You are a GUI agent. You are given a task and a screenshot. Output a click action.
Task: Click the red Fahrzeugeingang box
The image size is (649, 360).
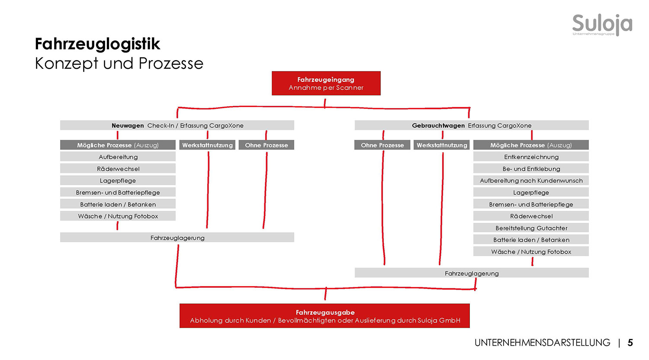[x=326, y=83]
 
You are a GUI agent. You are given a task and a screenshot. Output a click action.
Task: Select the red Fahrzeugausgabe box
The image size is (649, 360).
[x=324, y=316]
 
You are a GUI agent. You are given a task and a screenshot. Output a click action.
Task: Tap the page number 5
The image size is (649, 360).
[x=630, y=343]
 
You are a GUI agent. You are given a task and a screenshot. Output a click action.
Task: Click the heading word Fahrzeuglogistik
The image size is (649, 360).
[x=97, y=44]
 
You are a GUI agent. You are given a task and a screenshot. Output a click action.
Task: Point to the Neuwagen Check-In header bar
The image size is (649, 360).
[x=177, y=125]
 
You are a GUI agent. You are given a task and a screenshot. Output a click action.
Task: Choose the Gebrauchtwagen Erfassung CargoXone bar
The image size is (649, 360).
[x=472, y=125]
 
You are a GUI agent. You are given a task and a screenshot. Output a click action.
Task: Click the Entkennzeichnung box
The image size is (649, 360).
[x=531, y=157]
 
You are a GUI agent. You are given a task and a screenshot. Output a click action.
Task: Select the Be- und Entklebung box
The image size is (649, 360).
[x=531, y=169]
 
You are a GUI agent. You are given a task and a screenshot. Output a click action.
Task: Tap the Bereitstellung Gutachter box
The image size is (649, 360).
[x=531, y=228]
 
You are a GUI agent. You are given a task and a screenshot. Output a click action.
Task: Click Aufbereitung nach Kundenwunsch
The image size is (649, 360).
[x=531, y=180]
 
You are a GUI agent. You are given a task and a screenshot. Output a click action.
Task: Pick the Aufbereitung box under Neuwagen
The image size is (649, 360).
[x=118, y=157]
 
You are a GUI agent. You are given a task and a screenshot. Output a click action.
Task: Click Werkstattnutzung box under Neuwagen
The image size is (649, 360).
[x=207, y=145]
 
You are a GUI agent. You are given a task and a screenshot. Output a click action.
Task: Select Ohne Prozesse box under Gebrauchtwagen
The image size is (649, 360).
[x=382, y=145]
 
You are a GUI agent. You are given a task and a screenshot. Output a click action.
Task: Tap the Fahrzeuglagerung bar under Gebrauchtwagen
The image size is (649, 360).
[x=472, y=273]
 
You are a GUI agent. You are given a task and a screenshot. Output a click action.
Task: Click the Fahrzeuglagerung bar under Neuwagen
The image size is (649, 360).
[x=177, y=238]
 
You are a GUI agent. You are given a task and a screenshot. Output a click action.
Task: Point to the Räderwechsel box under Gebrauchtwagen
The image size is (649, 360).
[x=531, y=216]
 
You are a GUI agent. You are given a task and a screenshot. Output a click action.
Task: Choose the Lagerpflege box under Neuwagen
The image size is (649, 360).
[x=118, y=180]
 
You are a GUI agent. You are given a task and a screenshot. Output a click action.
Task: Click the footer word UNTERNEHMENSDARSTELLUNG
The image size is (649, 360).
[x=542, y=343]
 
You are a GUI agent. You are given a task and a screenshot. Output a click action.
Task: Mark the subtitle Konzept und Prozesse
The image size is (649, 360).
[x=119, y=64]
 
